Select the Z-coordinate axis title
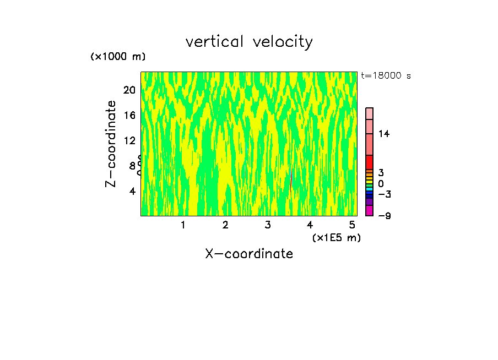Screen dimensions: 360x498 click(112, 144)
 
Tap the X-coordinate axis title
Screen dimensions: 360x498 click(249, 254)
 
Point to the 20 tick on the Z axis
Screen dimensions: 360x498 click(129, 90)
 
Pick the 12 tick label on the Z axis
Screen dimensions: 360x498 click(129, 140)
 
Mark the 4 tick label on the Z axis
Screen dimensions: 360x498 click(132, 191)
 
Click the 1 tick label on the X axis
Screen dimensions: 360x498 click(183, 225)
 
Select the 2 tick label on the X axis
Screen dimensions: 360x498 click(225, 225)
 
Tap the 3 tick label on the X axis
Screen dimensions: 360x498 click(268, 225)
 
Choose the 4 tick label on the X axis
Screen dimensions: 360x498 click(310, 225)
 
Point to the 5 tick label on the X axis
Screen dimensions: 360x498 click(352, 225)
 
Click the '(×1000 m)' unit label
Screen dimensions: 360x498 click(118, 57)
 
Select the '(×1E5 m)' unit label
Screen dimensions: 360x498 click(337, 238)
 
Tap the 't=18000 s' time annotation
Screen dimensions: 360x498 click(386, 76)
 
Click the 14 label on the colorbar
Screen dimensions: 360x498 click(384, 134)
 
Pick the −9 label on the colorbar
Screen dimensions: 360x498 click(384, 216)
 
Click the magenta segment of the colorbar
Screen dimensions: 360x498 click(369, 211)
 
